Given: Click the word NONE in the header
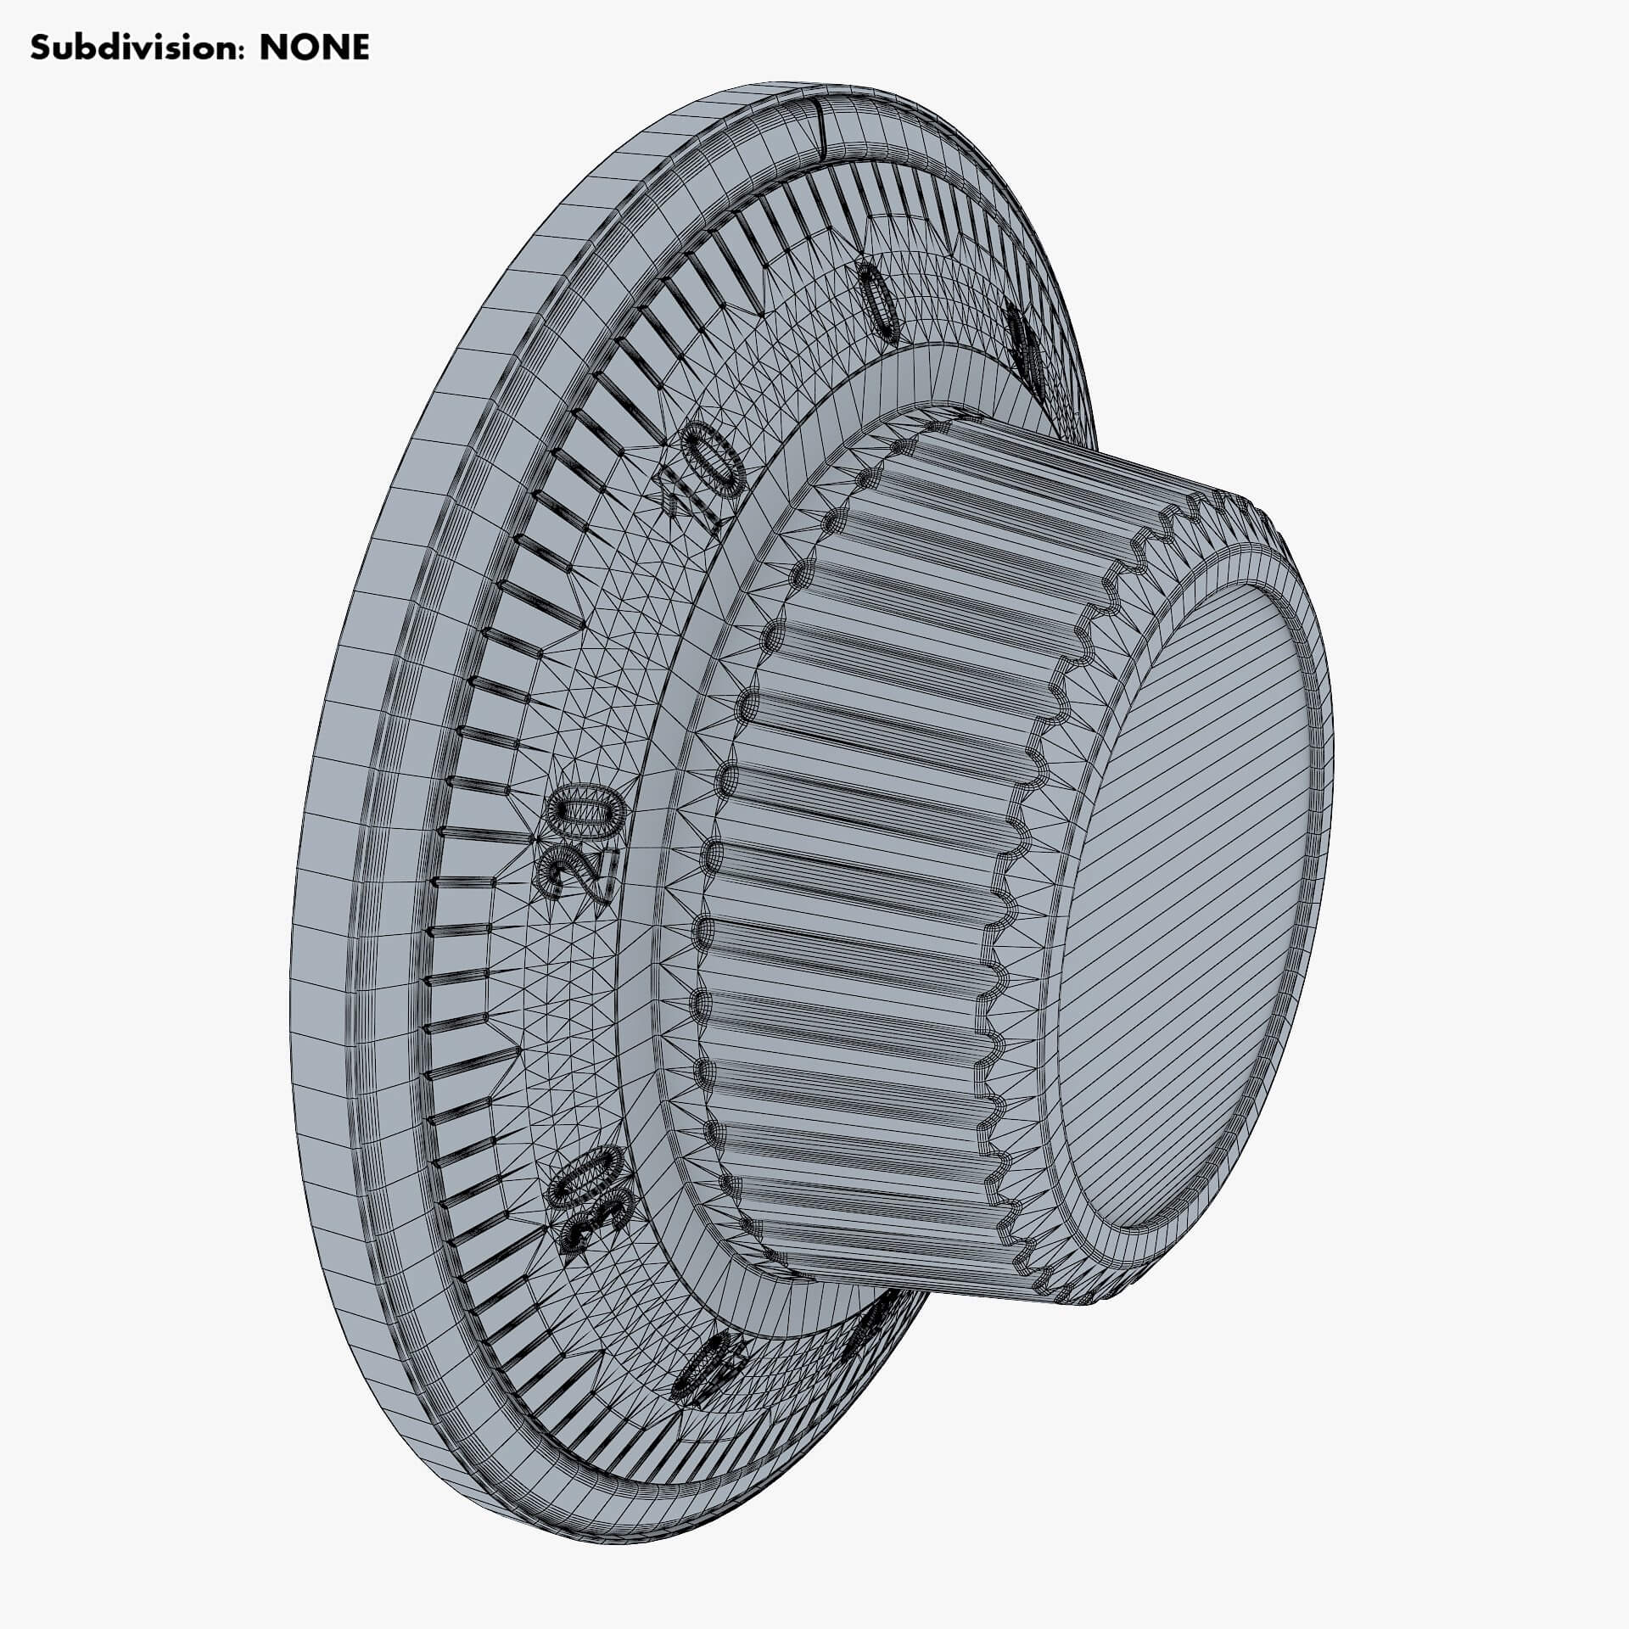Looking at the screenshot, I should (314, 48).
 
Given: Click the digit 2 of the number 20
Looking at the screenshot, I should (573, 874).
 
